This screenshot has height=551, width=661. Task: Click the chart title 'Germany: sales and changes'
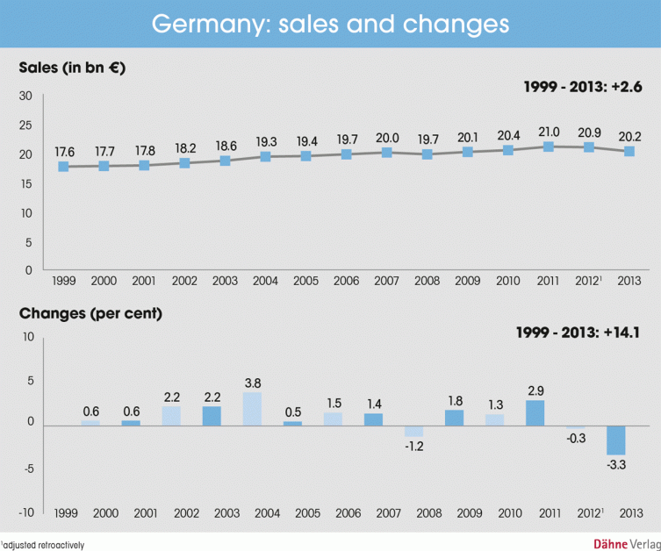pos(330,24)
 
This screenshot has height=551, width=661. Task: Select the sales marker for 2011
pos(549,147)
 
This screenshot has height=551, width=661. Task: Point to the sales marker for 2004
pos(264,156)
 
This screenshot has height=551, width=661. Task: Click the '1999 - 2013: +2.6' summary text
pos(582,86)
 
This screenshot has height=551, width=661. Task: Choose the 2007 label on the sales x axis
pos(387,281)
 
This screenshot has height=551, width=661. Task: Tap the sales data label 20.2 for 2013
pos(629,138)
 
